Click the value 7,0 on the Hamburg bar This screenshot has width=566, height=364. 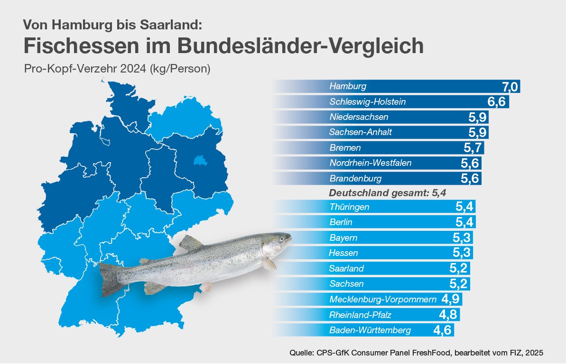(510, 87)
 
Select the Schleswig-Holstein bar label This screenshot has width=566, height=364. (367, 102)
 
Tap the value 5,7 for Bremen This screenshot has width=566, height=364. (473, 148)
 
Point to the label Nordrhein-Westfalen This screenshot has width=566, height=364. (370, 163)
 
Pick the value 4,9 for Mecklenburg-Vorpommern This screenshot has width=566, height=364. (451, 299)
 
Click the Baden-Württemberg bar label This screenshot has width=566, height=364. (370, 330)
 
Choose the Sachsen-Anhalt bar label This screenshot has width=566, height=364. (360, 132)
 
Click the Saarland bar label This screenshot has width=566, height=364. (346, 269)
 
